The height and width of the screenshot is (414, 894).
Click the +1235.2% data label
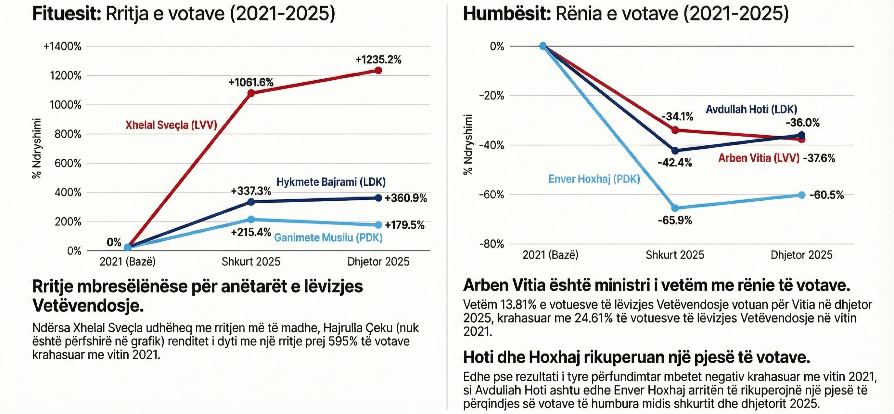click(x=378, y=60)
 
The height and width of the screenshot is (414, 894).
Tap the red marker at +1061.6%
click(x=251, y=93)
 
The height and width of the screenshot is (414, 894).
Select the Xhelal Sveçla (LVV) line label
click(x=171, y=125)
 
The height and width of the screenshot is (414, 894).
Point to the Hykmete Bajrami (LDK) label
click(x=331, y=182)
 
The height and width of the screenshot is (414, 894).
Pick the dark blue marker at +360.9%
click(x=378, y=198)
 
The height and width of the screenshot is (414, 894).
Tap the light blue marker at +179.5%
click(x=378, y=225)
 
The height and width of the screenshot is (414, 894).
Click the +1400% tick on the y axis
click(x=62, y=46)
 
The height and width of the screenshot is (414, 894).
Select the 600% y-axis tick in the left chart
click(x=68, y=163)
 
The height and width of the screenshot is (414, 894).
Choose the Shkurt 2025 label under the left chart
click(x=251, y=261)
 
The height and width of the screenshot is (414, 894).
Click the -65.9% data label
click(x=675, y=220)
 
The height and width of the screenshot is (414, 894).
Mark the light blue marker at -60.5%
click(x=801, y=195)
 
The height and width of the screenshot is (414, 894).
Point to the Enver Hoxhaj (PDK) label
click(x=594, y=179)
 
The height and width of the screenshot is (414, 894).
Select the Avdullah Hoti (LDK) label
click(x=751, y=110)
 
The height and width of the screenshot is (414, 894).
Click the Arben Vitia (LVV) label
click(x=759, y=158)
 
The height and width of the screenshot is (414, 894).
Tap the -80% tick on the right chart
click(x=492, y=244)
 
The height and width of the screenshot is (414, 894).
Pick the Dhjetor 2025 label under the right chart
click(x=801, y=255)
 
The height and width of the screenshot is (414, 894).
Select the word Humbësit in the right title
click(x=507, y=15)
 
